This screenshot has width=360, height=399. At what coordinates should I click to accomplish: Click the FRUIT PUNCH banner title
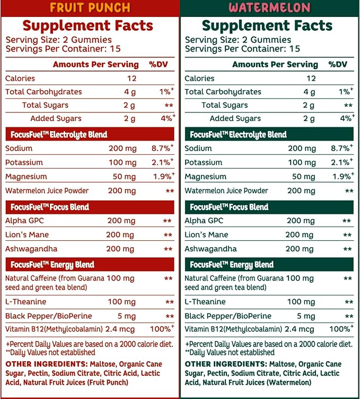click(x=90, y=7)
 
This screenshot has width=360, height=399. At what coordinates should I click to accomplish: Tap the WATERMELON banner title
click(x=269, y=7)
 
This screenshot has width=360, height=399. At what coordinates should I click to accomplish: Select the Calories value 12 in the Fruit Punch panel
click(x=131, y=79)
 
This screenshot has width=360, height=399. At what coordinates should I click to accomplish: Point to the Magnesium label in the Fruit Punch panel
click(x=26, y=176)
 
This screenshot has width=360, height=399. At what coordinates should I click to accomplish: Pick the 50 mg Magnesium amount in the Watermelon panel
click(x=303, y=177)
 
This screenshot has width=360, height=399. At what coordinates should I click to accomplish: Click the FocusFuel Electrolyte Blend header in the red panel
click(x=59, y=134)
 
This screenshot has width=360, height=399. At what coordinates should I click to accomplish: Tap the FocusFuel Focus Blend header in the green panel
click(x=229, y=207)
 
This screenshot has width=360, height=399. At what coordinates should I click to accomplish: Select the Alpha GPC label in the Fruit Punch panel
click(x=24, y=220)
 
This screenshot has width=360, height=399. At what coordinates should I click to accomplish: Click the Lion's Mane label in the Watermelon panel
click(x=206, y=235)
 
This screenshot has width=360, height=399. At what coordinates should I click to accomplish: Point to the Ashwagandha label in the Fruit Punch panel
click(x=31, y=249)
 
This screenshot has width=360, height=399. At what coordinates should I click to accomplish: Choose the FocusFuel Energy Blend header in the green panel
click(x=232, y=265)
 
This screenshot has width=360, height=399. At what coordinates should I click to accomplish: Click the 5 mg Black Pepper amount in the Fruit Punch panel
click(x=126, y=316)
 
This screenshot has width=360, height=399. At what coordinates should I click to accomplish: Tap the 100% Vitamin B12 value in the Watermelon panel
click(x=341, y=328)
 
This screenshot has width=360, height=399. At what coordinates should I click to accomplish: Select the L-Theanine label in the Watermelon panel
click(x=205, y=302)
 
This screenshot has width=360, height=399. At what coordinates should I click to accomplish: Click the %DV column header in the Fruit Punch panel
click(x=159, y=64)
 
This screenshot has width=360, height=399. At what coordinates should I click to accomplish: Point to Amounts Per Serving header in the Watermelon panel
click(x=275, y=64)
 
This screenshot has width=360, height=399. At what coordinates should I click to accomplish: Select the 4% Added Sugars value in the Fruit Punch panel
click(x=168, y=118)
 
